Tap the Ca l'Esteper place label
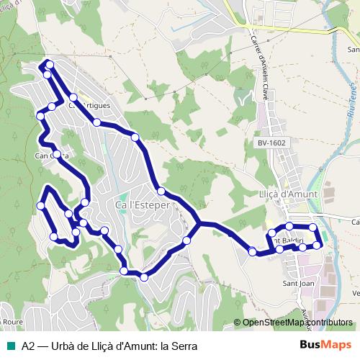pos(143,205)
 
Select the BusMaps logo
pos(324,345)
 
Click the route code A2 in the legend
pos(28,345)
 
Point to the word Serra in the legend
pos(181,345)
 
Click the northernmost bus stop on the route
pos(50,64)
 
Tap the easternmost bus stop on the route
pos(317,246)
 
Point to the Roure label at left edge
pos(12,322)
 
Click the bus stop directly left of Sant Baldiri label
pos(273,234)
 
